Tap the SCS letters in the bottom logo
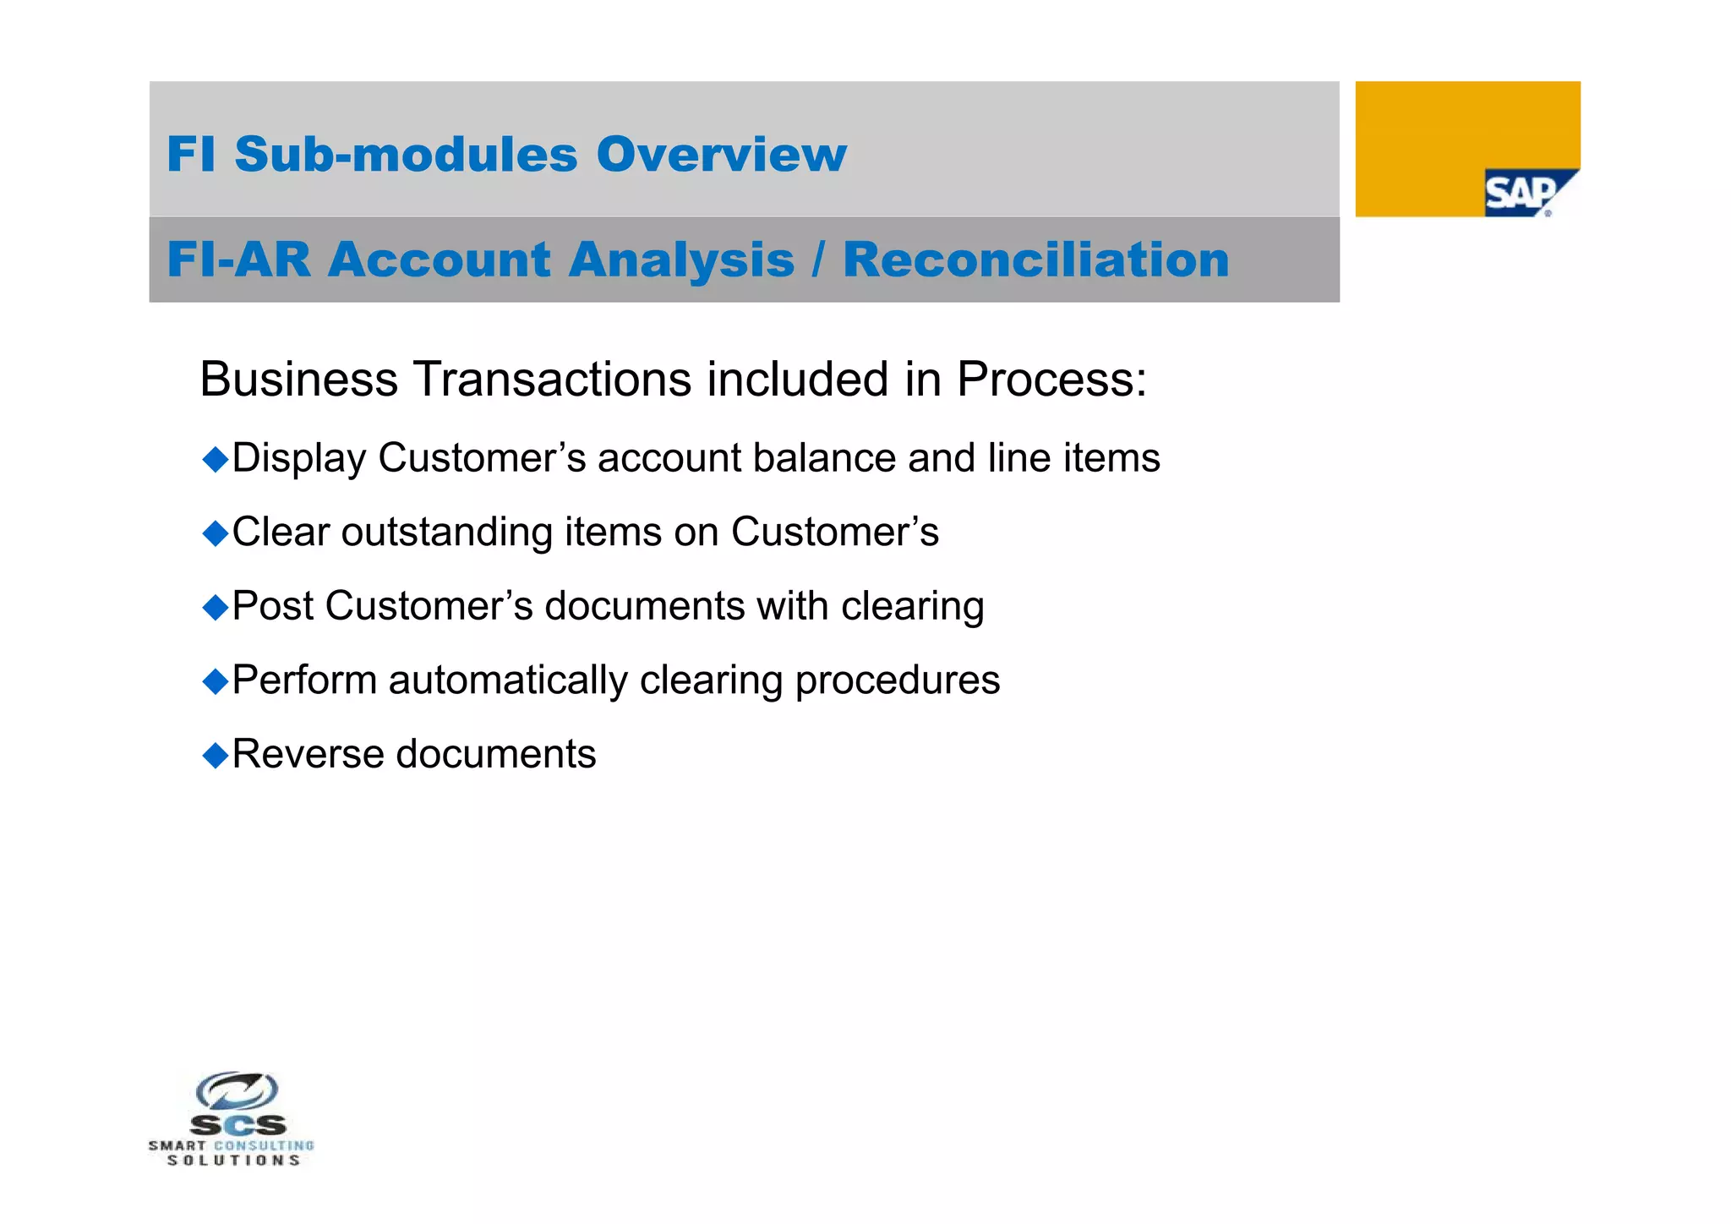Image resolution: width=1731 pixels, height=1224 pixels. coord(238,1125)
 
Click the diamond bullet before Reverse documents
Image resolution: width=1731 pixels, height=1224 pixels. coord(216,755)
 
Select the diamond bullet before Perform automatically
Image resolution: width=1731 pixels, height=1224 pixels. coord(216,680)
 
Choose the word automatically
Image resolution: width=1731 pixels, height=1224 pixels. coord(508,680)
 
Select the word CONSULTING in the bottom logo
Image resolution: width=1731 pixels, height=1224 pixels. coord(264,1146)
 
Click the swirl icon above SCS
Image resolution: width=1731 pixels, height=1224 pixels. coord(237,1090)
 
